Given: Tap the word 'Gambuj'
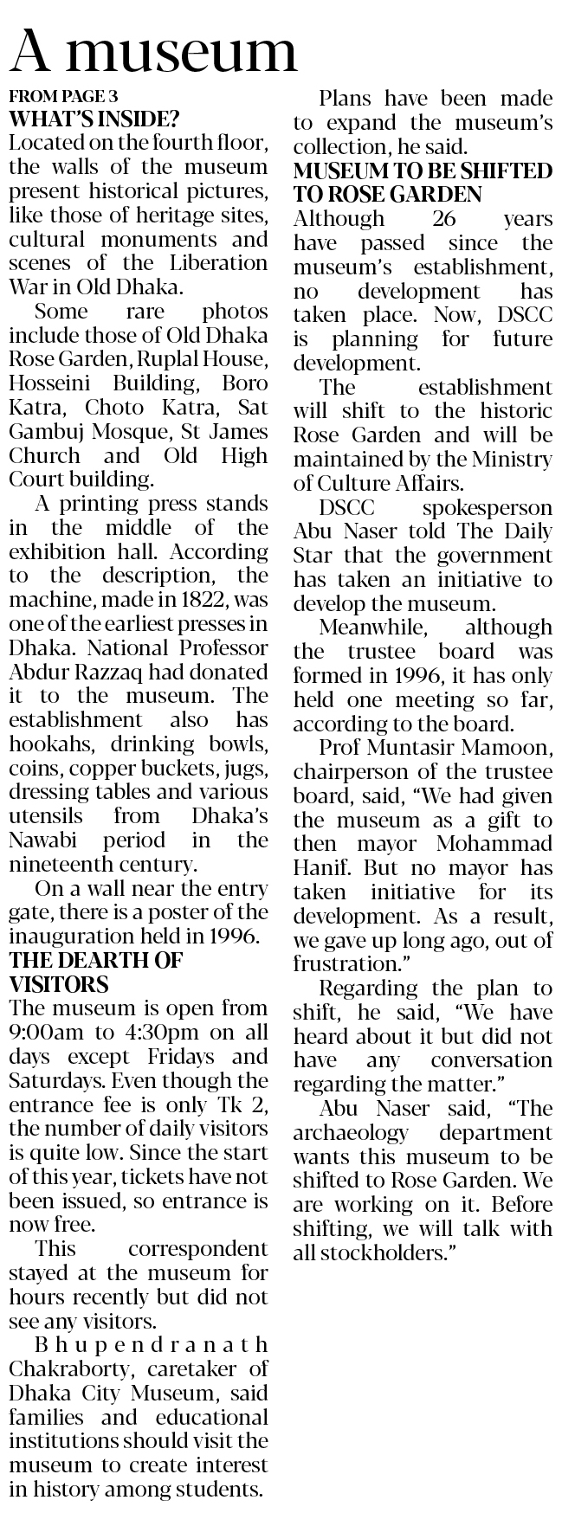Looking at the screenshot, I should click(x=48, y=431).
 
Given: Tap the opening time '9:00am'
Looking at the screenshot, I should click(x=45, y=1033).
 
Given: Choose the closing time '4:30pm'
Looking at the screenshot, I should click(x=148, y=1033).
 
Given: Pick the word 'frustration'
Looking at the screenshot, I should click(x=345, y=963).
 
